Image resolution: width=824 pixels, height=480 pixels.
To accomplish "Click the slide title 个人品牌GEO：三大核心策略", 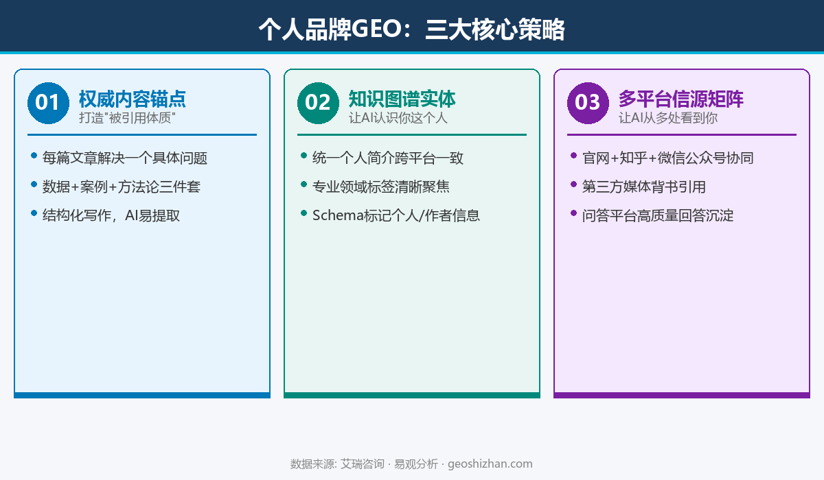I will [412, 29].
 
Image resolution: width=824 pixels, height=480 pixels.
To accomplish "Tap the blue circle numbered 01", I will [48, 103].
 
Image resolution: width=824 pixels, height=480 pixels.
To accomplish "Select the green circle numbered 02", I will [318, 103].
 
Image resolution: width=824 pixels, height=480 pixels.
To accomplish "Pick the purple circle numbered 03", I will [588, 103].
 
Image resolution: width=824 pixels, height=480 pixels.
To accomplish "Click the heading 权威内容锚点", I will [132, 99].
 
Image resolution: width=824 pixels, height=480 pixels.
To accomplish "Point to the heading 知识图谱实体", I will [402, 99].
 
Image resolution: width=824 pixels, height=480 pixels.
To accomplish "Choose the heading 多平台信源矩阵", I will [680, 99].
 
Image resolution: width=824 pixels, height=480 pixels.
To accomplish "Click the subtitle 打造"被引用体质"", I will [127, 118].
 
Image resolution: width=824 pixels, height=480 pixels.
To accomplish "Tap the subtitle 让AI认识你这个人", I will [398, 118].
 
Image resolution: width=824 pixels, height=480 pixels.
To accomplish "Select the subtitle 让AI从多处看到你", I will [668, 118].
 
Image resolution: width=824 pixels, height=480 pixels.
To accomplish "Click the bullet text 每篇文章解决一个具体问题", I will [124, 158].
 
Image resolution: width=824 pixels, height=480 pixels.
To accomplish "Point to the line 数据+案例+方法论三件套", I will [121, 187].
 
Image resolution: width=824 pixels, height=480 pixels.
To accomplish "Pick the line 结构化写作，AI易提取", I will [111, 215].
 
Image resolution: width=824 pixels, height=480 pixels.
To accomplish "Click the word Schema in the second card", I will [334, 215].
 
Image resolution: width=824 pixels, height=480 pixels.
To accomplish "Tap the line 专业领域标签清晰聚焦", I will [380, 187].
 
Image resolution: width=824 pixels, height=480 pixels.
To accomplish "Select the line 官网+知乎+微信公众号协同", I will [667, 158].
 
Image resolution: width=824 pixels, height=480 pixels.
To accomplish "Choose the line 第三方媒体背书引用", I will [643, 187].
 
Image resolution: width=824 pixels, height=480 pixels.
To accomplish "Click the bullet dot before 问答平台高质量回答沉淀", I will [573, 213].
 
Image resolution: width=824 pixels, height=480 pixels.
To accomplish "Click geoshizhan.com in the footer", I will [490, 464].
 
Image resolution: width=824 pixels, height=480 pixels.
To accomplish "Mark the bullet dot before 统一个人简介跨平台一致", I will [304, 156].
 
